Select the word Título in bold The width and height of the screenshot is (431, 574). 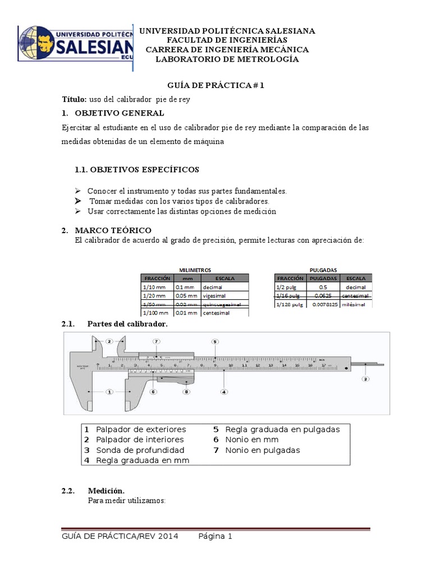74,99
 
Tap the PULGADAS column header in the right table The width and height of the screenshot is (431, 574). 323,278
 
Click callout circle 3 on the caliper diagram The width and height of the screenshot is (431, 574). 365,379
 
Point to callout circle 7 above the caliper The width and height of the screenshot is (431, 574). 157,341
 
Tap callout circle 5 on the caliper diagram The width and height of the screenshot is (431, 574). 215,341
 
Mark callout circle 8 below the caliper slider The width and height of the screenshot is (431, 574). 186,392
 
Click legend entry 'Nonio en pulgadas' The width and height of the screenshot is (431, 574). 262,450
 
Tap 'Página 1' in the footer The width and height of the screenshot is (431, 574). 215,536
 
